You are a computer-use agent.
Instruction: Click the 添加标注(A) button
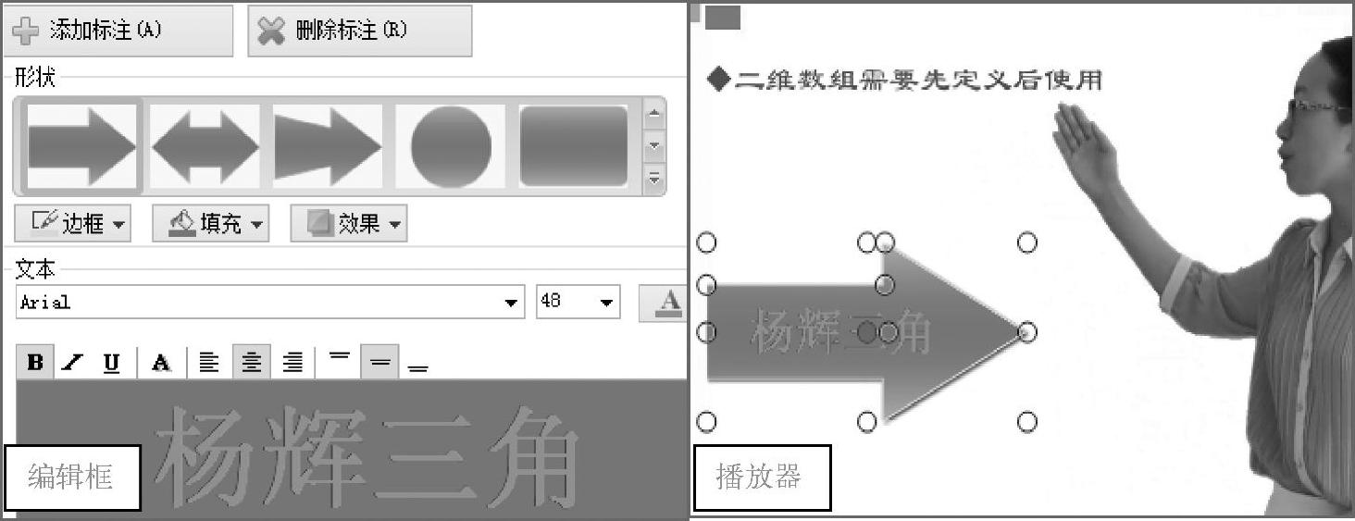point(118,31)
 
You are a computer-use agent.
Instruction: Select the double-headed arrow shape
point(205,146)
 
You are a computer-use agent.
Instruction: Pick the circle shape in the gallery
point(451,146)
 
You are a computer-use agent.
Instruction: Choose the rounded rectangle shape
point(574,146)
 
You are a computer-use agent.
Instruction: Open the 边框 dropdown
point(72,224)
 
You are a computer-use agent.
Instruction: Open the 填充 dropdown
point(210,224)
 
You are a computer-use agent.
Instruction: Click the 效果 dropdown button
point(348,224)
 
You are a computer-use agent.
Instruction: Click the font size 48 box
point(578,302)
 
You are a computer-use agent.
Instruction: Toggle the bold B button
point(35,362)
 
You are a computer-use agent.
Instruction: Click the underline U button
point(111,363)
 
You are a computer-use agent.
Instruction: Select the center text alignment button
point(251,363)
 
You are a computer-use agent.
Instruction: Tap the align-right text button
point(292,363)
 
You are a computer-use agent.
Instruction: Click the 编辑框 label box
point(72,478)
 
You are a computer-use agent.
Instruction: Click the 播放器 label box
point(763,478)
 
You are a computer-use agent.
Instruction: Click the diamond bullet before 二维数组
point(718,80)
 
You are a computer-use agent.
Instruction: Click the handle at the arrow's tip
point(1027,331)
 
